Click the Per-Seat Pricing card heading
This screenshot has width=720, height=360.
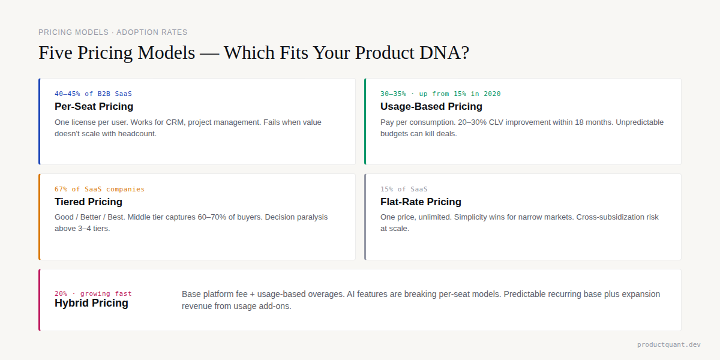click(x=94, y=106)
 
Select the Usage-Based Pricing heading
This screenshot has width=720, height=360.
click(x=431, y=106)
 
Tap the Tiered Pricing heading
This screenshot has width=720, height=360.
click(x=88, y=202)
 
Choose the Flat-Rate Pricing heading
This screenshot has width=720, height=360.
click(x=421, y=202)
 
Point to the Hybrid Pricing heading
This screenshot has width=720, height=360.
click(x=91, y=303)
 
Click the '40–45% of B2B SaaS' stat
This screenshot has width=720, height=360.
click(x=93, y=94)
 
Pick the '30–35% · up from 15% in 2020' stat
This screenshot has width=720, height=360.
click(x=440, y=94)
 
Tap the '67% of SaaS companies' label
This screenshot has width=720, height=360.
click(x=100, y=189)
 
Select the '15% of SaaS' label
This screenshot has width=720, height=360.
click(x=404, y=189)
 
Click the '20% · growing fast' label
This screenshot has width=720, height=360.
click(x=93, y=293)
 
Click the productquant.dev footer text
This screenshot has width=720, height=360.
click(x=668, y=344)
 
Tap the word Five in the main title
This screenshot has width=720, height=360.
click(x=56, y=53)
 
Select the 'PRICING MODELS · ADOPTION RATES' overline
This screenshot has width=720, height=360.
click(x=113, y=32)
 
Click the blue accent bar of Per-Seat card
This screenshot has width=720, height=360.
click(x=40, y=121)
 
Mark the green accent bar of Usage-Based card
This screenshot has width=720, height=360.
click(x=365, y=121)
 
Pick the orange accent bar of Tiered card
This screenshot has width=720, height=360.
click(x=40, y=217)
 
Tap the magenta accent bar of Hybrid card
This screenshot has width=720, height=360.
click(x=40, y=300)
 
